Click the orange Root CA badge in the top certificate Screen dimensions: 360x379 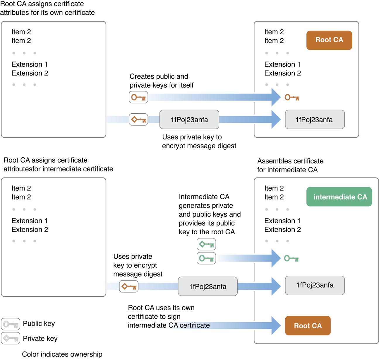tap(329, 40)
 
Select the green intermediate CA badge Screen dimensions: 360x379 tap(339, 197)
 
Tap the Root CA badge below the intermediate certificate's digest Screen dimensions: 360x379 tap(308, 325)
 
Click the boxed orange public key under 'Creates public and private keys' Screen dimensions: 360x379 tap(138, 97)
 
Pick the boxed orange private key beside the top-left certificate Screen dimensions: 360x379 tap(138, 120)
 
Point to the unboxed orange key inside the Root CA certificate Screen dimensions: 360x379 tap(292, 98)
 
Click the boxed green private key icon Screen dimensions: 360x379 tap(206, 244)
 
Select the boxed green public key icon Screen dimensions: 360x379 tap(206, 258)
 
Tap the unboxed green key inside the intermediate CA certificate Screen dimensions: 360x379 tap(291, 258)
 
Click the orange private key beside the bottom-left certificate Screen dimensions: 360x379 tap(129, 286)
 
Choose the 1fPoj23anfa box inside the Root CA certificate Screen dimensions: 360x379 tap(315, 120)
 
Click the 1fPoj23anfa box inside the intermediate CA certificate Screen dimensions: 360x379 tap(315, 285)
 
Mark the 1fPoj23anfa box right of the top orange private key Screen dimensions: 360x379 tap(189, 120)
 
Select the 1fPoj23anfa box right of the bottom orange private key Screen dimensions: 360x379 tap(208, 286)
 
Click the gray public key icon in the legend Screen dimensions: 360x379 tap(11, 324)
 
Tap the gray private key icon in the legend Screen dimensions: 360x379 tap(11, 338)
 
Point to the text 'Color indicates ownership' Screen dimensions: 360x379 tap(62, 354)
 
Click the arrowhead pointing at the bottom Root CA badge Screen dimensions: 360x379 tap(276, 325)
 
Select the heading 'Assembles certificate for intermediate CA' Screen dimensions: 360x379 tap(290, 165)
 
